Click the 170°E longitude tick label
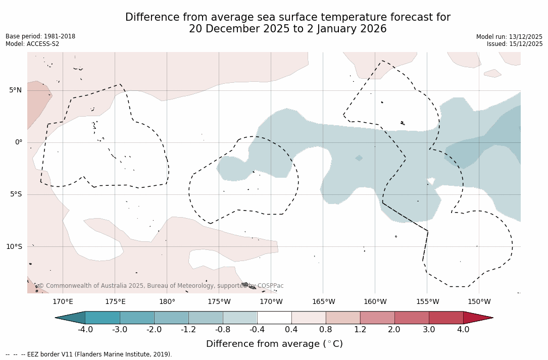tap(63, 302)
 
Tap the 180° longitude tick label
tap(167, 302)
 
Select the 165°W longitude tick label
tap(323, 302)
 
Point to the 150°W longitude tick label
tap(479, 302)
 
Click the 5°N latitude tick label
tap(15, 90)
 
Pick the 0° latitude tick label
tap(19, 142)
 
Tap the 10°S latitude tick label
tap(14, 247)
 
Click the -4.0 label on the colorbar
tap(85, 330)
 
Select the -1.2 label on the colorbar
tap(188, 330)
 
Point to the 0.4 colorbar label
tap(291, 330)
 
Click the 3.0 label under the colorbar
tap(429, 330)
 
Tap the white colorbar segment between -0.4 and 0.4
tap(274, 318)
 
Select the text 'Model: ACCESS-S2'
tap(32, 44)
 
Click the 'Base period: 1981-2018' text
tap(40, 36)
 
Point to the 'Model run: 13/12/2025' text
tap(509, 37)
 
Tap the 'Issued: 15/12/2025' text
tap(515, 44)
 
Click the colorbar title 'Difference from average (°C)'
tap(274, 344)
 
